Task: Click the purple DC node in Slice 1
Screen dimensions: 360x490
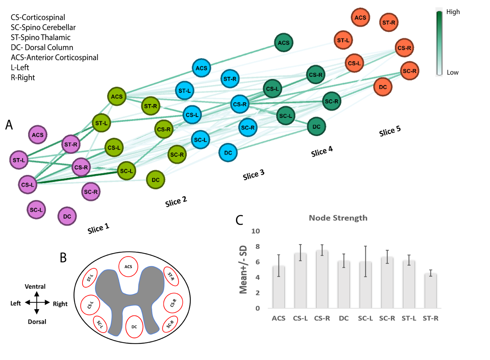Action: click(67, 216)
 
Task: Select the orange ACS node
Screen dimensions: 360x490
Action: click(360, 17)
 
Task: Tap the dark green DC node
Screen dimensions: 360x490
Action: click(316, 127)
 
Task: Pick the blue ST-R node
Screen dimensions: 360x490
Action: click(230, 79)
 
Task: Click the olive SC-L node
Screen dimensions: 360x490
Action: click(127, 171)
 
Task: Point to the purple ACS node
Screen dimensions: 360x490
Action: click(38, 135)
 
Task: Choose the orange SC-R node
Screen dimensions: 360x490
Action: click(410, 71)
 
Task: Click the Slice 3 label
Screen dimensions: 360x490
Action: click(253, 175)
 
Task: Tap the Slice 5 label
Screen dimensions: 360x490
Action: click(390, 131)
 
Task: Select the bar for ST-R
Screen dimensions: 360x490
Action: click(430, 291)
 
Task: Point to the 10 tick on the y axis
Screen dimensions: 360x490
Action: click(256, 231)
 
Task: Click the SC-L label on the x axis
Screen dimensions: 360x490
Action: click(365, 318)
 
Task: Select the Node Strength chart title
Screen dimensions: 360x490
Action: click(338, 218)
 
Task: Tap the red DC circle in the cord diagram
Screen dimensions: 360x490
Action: click(134, 327)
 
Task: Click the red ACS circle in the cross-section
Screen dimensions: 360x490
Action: click(128, 266)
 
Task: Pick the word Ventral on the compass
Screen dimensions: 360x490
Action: click(35, 287)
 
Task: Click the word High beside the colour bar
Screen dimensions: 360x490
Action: click(453, 12)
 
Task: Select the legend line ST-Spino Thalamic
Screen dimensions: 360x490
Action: click(41, 37)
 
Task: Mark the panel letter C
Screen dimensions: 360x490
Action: click(239, 220)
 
